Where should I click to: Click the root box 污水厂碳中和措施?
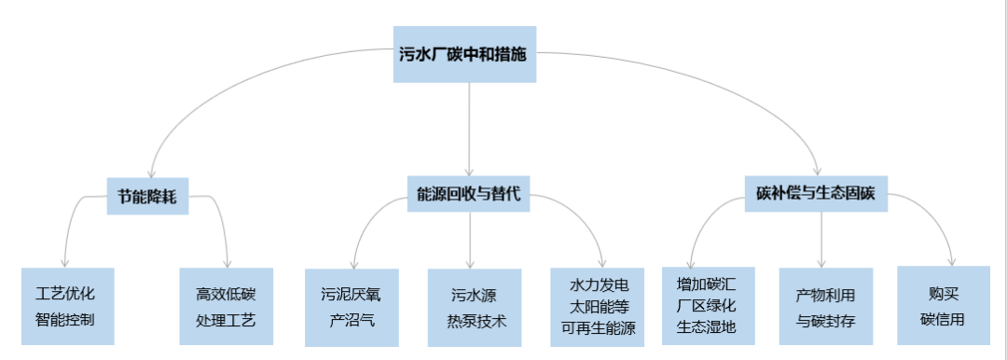tap(463, 54)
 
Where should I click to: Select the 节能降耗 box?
tap(147, 197)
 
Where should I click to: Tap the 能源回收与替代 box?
tap(468, 196)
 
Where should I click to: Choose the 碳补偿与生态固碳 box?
tap(817, 195)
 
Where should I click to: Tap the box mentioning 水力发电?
tap(598, 305)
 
